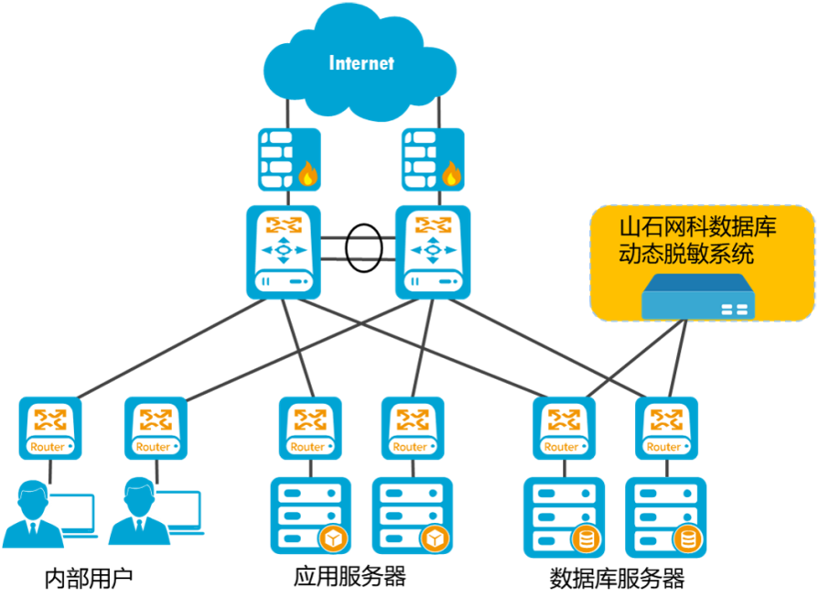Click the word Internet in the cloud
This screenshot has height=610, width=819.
361,63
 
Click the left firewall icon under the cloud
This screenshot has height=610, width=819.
289,159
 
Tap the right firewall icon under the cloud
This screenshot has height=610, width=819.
434,159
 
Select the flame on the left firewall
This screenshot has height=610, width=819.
307,174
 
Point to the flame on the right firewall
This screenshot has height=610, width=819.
451,174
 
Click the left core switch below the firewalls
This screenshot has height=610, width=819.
283,251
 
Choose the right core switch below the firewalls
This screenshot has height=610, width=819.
433,251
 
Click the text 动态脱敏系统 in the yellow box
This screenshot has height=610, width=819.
686,254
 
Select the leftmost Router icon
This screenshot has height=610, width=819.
48,428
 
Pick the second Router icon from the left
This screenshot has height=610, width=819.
154,428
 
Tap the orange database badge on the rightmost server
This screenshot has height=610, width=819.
684,540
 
